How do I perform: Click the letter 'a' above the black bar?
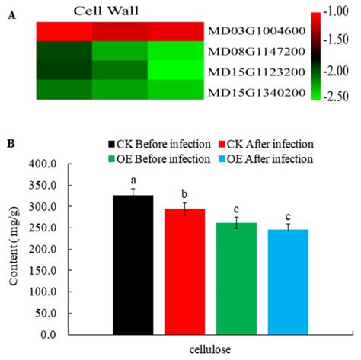pos(133,180)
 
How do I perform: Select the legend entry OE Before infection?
pos(156,158)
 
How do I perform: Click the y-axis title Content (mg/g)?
pos(16,248)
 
